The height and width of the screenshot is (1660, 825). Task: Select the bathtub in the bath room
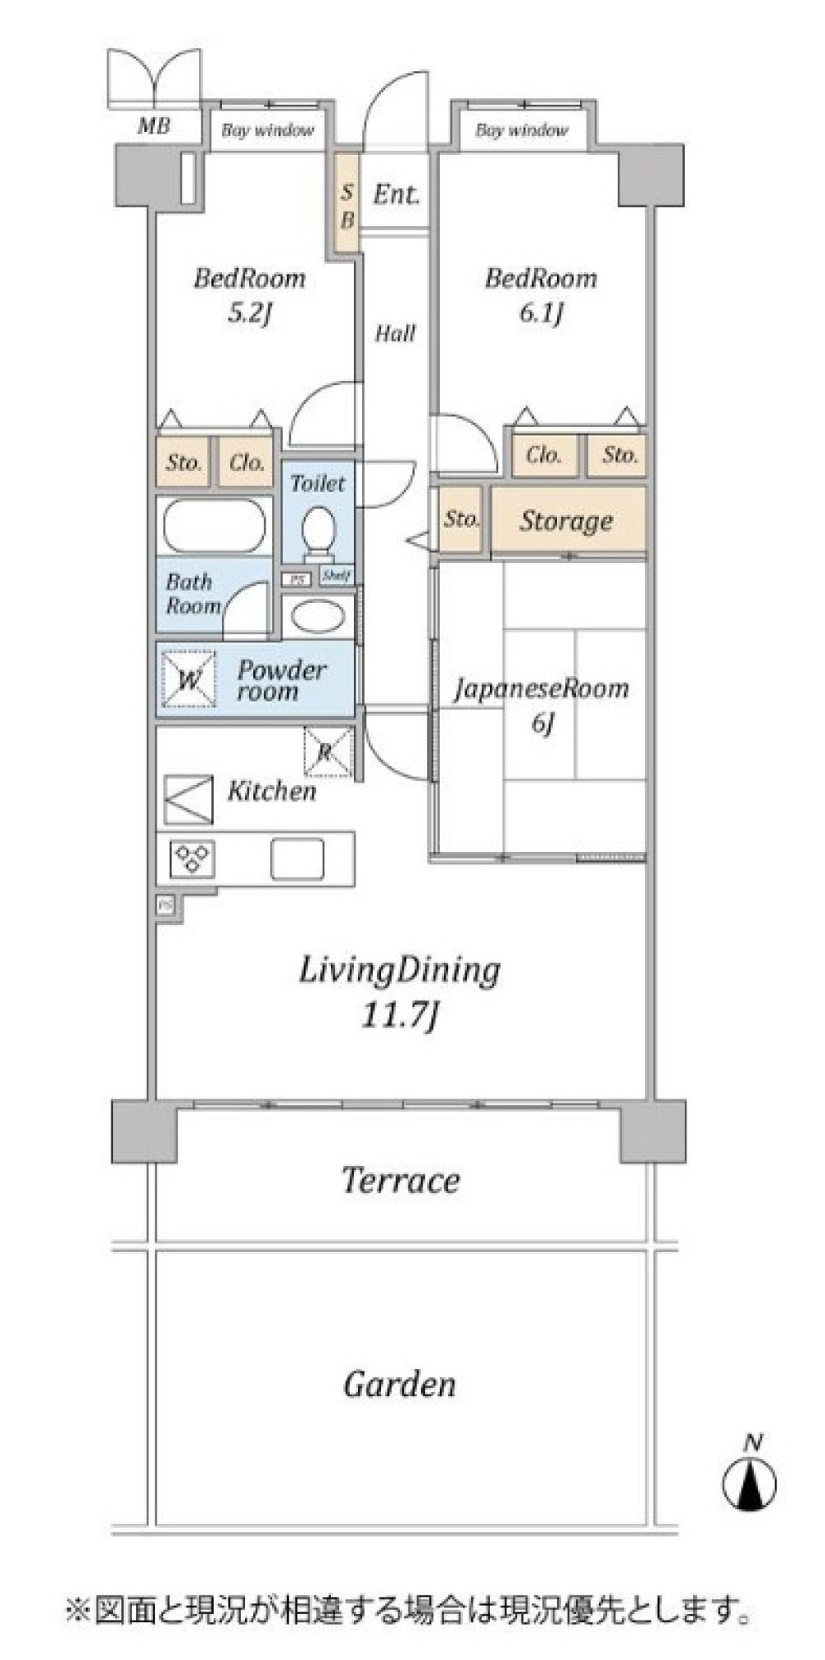pos(214,525)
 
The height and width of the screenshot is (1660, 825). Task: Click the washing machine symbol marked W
pos(189,680)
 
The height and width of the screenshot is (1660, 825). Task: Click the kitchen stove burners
pos(192,858)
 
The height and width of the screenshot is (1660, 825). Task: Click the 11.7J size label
pos(399,1014)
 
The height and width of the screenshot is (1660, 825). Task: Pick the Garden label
pos(399,1384)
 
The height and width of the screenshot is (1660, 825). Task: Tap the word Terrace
pos(400,1180)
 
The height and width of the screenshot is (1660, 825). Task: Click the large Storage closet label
pos(566,520)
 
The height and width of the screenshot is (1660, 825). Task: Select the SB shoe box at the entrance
pos(347,205)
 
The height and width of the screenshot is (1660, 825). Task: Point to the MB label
pos(153,126)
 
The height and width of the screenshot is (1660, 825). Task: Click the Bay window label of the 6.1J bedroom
pos(521,130)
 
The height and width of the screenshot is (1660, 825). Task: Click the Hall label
pos(395,333)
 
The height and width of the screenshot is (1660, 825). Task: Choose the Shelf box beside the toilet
pos(336,576)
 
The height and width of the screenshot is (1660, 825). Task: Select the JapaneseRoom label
pos(541,688)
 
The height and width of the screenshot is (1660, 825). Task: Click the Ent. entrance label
pos(396,195)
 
